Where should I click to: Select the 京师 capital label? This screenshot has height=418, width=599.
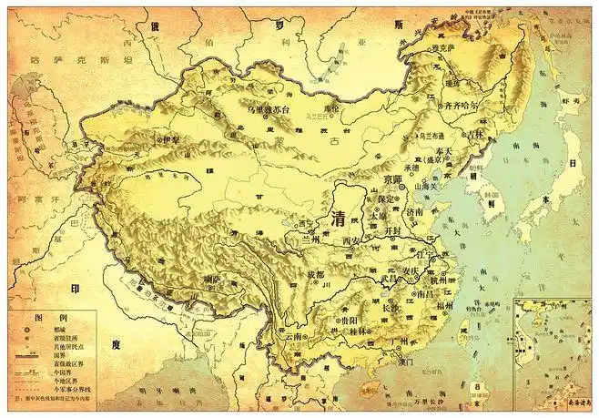397,179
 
